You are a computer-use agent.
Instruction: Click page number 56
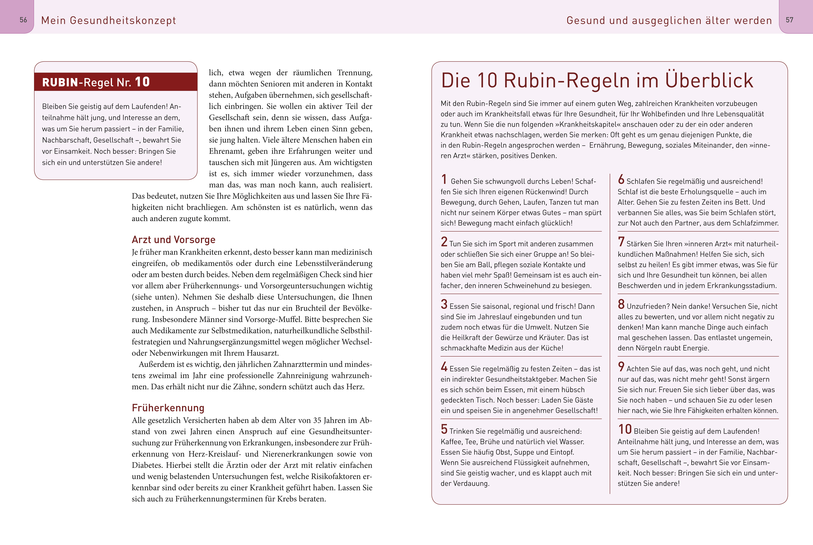[x=23, y=20]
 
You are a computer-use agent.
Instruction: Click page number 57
[x=789, y=20]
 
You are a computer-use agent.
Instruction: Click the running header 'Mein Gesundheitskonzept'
[x=108, y=21]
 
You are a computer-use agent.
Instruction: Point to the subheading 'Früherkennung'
[x=168, y=408]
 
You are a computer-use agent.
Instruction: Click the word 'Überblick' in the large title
[x=709, y=81]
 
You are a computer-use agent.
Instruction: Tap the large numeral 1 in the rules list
[x=444, y=179]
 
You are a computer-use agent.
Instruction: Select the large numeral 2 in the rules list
[x=444, y=242]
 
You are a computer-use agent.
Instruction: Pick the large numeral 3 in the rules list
[x=444, y=304]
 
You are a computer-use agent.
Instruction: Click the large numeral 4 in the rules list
[x=444, y=367]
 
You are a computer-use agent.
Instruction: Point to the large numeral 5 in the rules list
[x=444, y=429]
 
